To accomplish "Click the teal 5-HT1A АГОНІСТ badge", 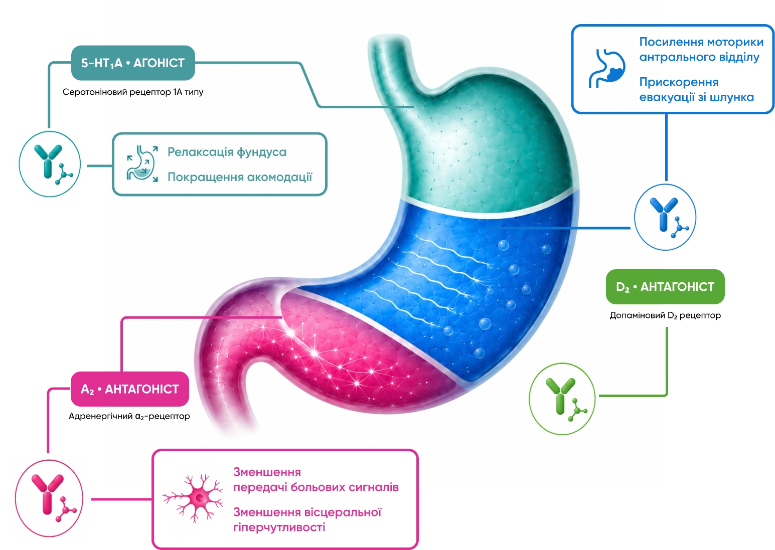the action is click(133, 63).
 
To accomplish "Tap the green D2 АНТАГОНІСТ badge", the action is click(665, 287).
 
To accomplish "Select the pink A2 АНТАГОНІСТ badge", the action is click(130, 389).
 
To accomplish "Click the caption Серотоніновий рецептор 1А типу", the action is click(133, 92).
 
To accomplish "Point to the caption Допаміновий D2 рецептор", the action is click(665, 315).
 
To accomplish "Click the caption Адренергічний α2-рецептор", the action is click(129, 416).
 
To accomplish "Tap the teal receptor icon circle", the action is click(50, 164).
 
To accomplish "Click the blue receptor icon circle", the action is click(665, 217).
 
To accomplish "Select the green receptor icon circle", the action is click(562, 399).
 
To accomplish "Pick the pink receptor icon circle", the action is click(49, 498).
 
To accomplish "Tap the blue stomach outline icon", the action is click(607, 68).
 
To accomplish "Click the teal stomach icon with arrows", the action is click(142, 163).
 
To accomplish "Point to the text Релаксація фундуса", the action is click(227, 152).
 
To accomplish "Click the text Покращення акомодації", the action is click(240, 177).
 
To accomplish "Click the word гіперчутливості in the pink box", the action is click(279, 527).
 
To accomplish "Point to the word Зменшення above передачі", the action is click(267, 472).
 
